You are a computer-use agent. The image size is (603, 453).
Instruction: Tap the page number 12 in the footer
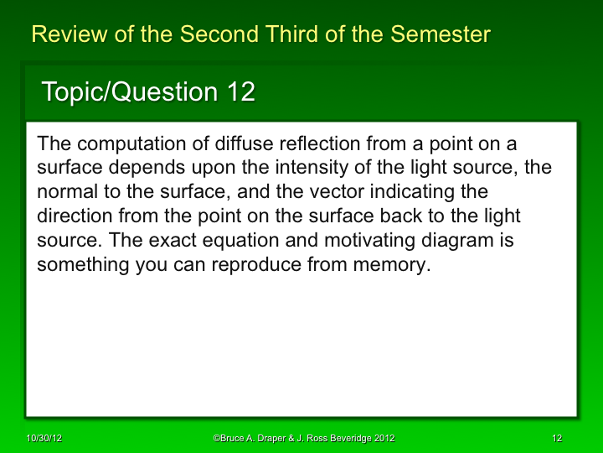(x=557, y=439)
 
